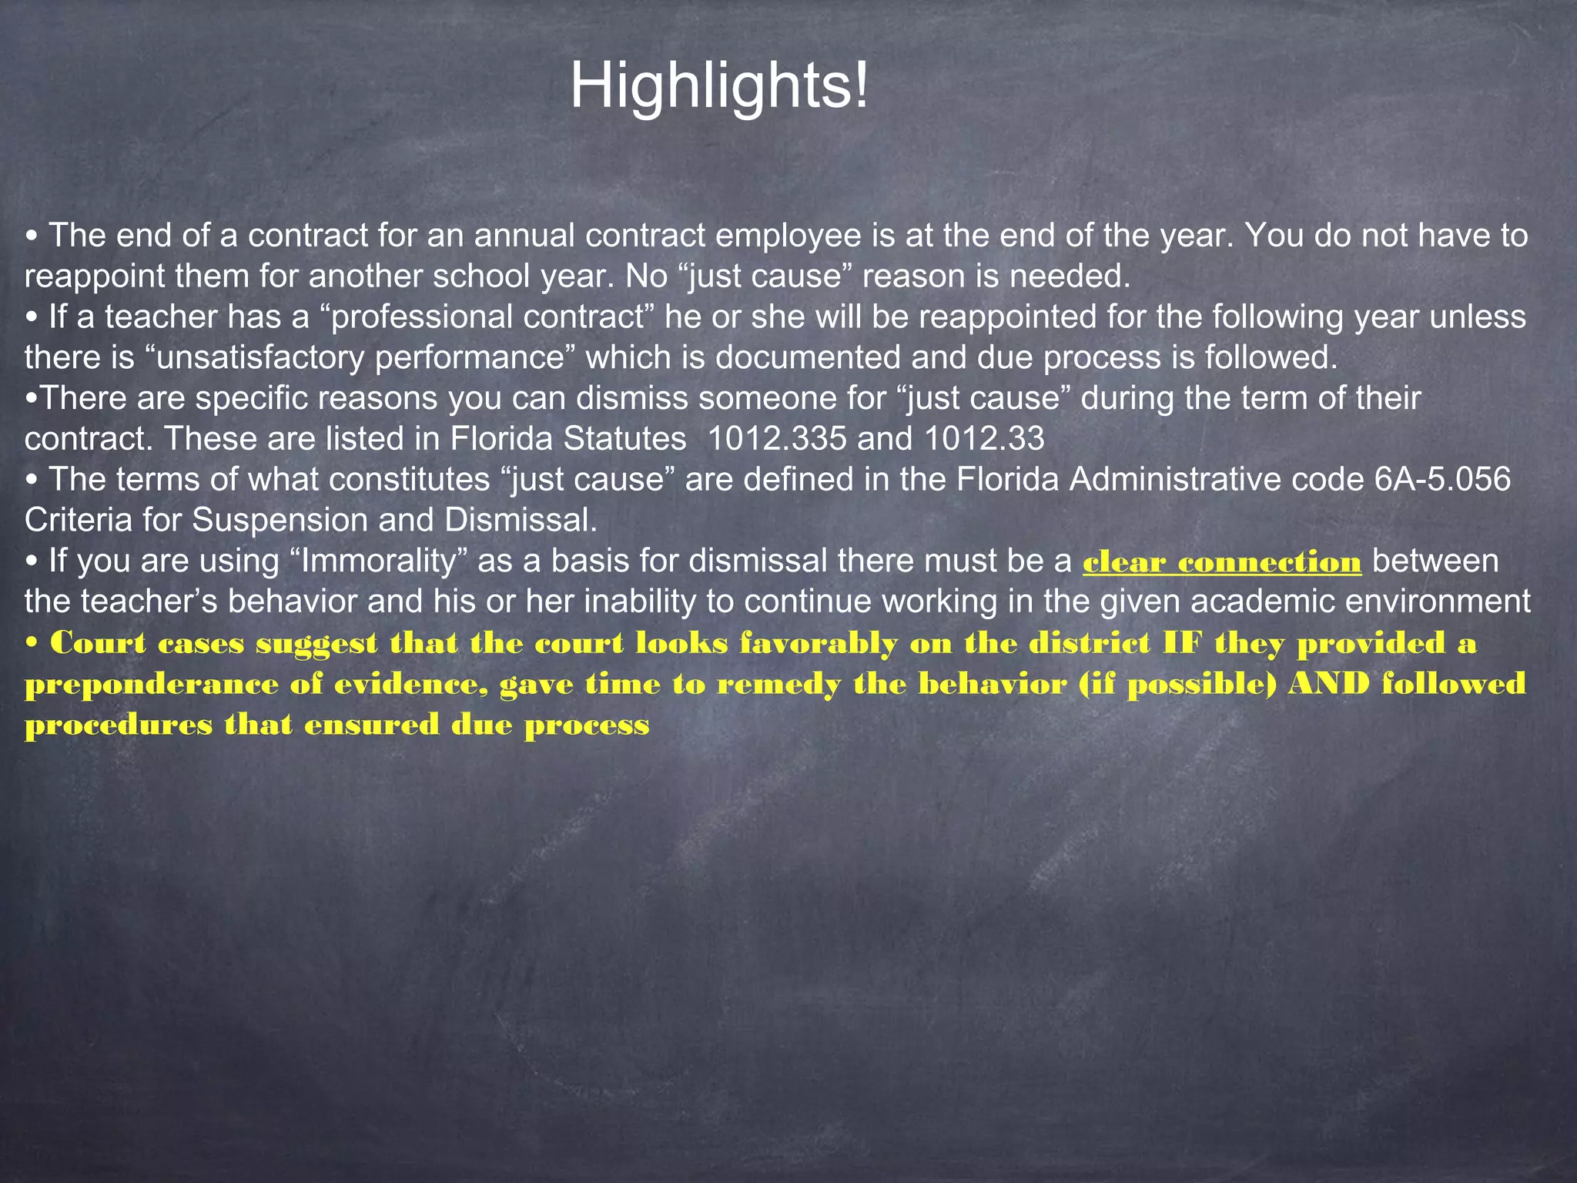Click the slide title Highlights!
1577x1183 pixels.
[719, 86]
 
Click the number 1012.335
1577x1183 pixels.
[776, 439]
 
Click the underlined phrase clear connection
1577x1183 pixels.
[1222, 562]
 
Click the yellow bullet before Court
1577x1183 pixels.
[32, 644]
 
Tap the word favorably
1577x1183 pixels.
[819, 644]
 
